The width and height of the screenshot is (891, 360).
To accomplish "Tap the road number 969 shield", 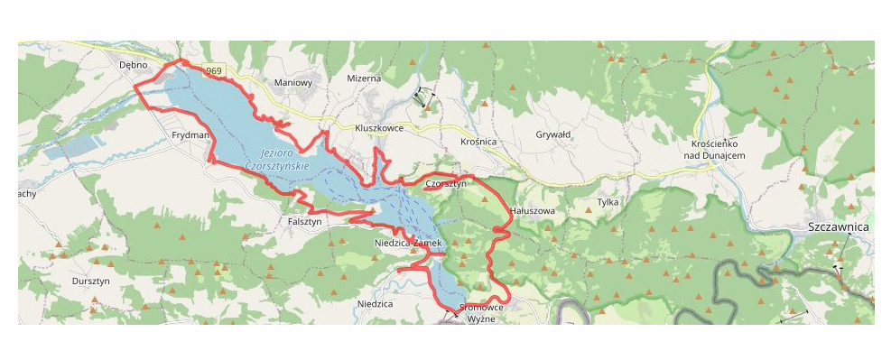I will (x=213, y=70).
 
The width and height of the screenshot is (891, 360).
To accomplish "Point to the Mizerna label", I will (x=364, y=78).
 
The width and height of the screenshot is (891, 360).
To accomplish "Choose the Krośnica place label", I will (x=478, y=143).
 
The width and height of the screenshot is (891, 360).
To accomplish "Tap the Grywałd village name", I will (x=553, y=134).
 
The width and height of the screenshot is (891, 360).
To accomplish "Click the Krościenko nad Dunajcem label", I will (x=714, y=150).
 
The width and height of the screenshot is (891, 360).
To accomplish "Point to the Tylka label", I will (x=608, y=202).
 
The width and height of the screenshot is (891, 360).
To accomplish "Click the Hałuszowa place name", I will (x=532, y=210).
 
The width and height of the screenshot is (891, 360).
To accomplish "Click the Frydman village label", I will (x=190, y=134).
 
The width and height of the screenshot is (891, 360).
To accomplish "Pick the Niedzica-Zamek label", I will (x=406, y=244).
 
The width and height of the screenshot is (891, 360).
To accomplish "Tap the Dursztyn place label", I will (x=89, y=282).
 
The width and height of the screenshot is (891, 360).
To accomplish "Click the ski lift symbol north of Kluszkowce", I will (x=422, y=97).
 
